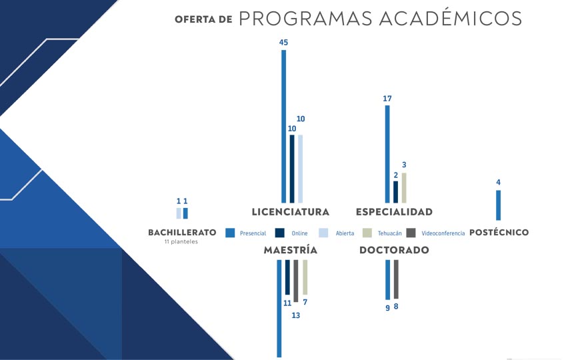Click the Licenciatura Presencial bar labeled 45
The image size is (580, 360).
284,126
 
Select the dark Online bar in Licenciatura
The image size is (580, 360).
292,169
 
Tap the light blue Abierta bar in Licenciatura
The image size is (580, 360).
301,169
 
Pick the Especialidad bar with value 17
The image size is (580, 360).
387,154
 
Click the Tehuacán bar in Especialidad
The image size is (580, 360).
404,188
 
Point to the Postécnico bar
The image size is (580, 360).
498,205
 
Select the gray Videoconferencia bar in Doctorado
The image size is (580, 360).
396,279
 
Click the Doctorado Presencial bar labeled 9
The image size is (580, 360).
387,280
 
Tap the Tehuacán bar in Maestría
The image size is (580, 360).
305,277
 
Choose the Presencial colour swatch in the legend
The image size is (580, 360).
230,233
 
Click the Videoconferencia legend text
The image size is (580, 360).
443,233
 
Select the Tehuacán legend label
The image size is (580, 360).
389,233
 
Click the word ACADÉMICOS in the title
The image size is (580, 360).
451,19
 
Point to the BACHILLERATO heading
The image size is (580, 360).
182,233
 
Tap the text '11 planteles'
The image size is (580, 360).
181,242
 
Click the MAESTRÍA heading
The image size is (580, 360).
291,250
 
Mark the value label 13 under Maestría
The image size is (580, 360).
295,315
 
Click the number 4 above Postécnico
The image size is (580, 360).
498,183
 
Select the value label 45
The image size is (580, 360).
283,43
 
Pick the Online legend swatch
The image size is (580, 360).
280,233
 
